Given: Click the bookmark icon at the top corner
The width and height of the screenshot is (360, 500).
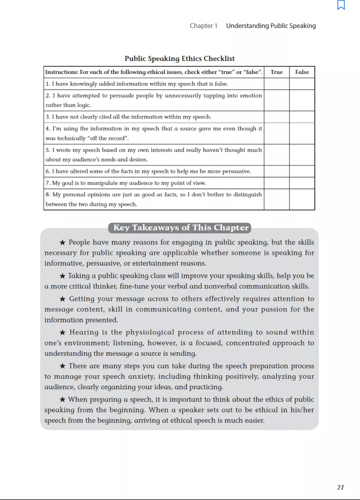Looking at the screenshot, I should coord(341,5).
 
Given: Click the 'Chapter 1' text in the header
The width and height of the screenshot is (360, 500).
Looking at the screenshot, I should coord(203,26).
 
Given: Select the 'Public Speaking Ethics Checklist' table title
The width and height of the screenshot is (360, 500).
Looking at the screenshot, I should coord(180,59).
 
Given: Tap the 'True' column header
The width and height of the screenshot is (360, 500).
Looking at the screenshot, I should coord(277,72).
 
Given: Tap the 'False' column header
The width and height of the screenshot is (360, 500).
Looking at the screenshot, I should coord(302,72).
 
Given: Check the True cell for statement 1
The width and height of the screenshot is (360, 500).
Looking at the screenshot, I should coord(277,84).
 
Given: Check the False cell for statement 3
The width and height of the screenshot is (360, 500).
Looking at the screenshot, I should coord(302,117).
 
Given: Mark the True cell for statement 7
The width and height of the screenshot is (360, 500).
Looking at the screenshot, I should coord(277,183).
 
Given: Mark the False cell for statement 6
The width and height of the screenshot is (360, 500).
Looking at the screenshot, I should coord(302,171).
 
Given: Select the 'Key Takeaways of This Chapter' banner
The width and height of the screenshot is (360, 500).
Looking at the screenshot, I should coord(180,228).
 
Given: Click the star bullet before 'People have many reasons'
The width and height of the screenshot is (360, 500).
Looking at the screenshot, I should coord(62,243).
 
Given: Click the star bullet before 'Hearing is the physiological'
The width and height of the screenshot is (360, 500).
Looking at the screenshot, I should coord(62,332).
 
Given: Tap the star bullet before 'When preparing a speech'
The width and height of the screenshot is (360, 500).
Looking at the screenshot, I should coord(62,400).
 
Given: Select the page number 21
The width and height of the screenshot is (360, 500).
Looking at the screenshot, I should coord(340,487).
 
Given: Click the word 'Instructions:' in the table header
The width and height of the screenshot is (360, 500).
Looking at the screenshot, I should coord(62,72).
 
